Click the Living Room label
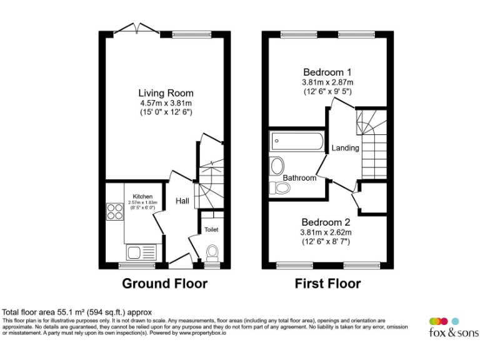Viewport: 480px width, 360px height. click(166, 93)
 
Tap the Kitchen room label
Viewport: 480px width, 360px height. click(143, 196)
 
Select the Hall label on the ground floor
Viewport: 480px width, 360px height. click(182, 201)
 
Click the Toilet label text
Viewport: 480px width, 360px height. click(211, 229)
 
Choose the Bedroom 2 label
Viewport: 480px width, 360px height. click(326, 222)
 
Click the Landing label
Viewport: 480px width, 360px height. click(345, 148)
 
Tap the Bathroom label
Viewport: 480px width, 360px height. click(300, 178)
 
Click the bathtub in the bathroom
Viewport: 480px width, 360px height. click(297, 141)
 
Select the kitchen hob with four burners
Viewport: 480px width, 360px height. click(115, 212)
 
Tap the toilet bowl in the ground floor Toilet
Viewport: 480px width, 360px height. click(212, 251)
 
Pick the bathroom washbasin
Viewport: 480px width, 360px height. click(276, 166)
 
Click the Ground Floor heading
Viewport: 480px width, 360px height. click(164, 284)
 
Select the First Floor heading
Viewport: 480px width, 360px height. click(327, 284)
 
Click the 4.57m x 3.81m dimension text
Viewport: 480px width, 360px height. click(166, 103)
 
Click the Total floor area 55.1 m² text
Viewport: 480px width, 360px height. click(77, 311)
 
